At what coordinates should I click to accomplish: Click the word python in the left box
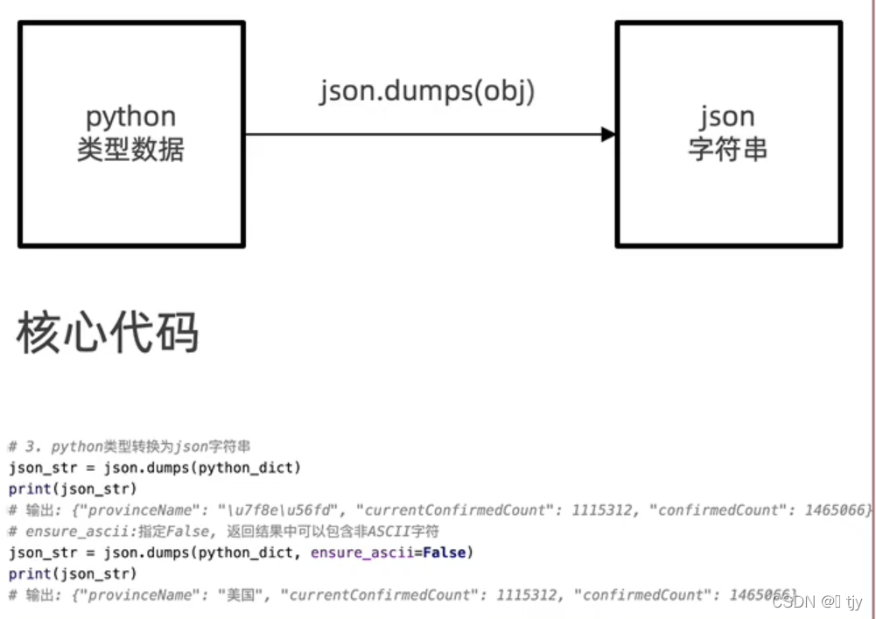130,116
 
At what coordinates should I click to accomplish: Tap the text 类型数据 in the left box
130,150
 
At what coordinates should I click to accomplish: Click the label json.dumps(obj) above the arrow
426,91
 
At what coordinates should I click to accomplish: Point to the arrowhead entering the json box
608,134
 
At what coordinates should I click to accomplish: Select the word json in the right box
727,116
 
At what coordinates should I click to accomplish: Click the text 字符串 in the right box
727,150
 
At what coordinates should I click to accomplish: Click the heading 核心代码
108,333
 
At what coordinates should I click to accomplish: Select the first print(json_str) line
73,489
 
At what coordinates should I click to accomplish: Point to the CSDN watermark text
794,602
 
